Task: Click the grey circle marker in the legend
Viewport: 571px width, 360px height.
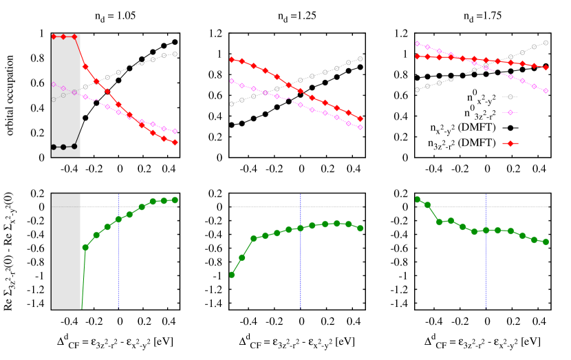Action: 510,97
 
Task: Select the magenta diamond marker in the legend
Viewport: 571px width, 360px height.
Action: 510,112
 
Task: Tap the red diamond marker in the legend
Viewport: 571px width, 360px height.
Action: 510,143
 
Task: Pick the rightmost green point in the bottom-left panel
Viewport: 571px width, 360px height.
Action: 175,200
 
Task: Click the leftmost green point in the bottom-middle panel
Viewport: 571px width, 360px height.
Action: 232,275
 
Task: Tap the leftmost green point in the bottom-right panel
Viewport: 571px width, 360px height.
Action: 417,200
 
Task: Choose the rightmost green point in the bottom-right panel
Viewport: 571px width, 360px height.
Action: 546,242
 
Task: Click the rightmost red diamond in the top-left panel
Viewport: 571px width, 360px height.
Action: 175,142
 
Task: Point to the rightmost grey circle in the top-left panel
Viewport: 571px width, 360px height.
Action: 175,54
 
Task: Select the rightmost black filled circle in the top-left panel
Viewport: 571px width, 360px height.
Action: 74,146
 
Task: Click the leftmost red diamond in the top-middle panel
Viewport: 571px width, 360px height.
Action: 232,60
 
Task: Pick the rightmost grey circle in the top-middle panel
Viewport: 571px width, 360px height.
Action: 360,59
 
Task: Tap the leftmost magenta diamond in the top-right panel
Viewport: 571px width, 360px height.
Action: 417,44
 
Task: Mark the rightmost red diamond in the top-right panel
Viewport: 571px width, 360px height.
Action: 546,67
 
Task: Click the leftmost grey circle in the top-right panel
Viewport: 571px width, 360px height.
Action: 417,89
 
